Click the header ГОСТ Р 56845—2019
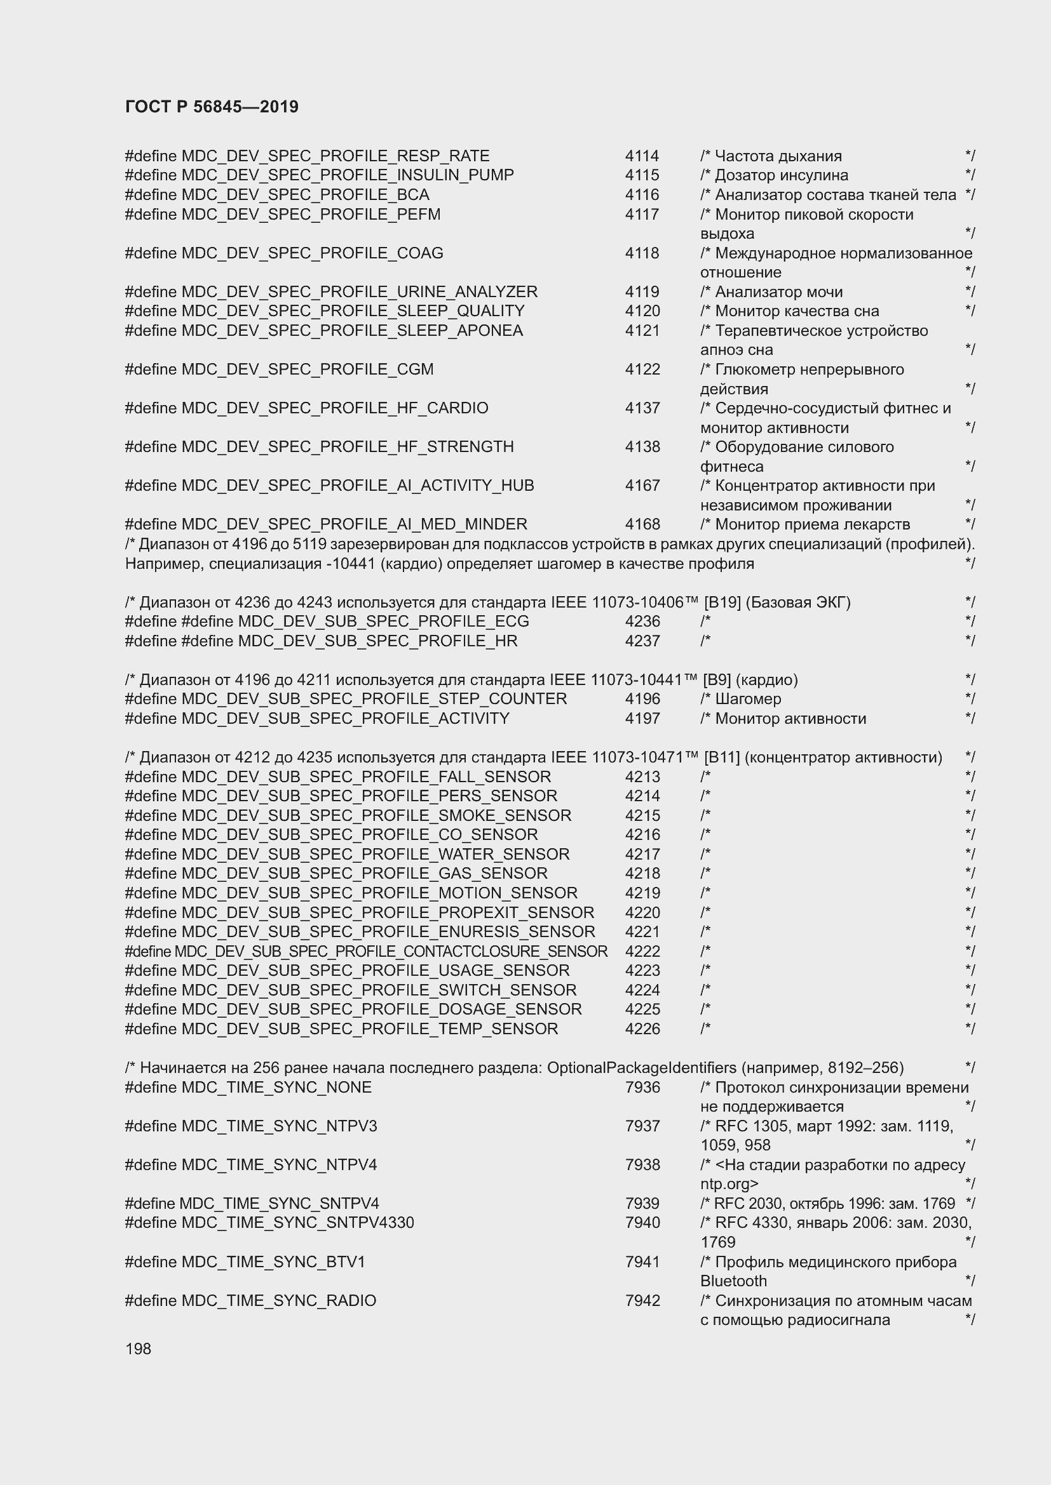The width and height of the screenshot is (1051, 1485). [x=212, y=107]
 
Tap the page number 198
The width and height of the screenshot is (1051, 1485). [x=138, y=1348]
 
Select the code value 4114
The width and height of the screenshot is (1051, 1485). [x=642, y=156]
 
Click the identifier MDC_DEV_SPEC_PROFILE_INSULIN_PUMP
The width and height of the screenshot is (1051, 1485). [x=348, y=175]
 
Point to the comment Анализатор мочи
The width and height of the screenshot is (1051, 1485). [x=778, y=291]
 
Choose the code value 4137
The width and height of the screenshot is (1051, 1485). [x=642, y=408]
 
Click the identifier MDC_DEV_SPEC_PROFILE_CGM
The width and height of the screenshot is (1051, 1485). [x=308, y=370]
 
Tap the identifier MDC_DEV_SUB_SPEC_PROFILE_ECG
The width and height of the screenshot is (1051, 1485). [x=383, y=622]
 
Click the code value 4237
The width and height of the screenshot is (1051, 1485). [x=642, y=641]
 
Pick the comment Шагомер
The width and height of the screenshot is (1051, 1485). [x=748, y=699]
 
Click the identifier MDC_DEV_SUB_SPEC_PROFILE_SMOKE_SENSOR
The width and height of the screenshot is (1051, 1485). [x=377, y=816]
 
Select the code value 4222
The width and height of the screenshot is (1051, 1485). [x=642, y=952]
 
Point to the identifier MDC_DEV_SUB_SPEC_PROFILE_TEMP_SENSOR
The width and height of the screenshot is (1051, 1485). [x=370, y=1029]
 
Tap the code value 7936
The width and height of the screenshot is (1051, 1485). [x=642, y=1087]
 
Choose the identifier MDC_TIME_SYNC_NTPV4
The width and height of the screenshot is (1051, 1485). [x=279, y=1165]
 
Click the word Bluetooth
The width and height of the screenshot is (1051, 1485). [x=733, y=1281]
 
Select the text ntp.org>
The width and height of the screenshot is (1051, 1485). [x=729, y=1184]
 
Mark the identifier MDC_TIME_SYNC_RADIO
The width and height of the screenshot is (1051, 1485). [x=278, y=1301]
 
